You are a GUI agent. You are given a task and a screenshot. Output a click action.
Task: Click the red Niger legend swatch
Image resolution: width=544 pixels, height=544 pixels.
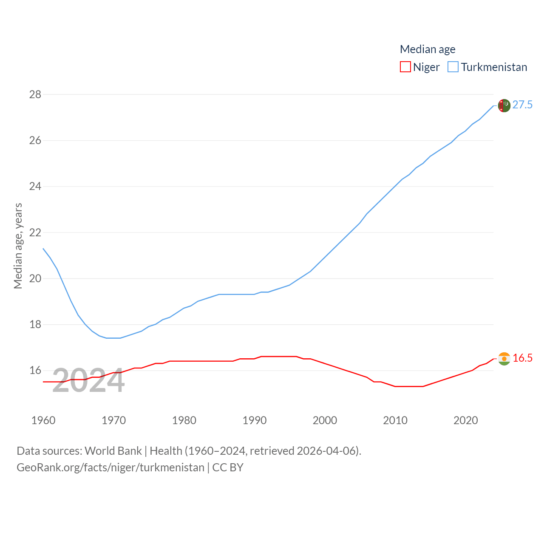pos(405,67)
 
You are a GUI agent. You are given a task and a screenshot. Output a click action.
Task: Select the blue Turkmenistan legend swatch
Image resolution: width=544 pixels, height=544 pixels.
pos(453,67)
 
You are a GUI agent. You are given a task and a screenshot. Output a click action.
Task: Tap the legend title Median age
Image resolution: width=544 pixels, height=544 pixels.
pos(428,49)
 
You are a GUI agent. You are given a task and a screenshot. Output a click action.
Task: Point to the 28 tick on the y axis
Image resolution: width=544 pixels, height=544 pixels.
pos(35,94)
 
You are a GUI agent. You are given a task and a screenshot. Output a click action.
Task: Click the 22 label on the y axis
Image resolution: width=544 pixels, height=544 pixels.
pos(35,232)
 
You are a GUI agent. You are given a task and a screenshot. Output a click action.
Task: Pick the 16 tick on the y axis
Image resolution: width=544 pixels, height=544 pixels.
pos(35,370)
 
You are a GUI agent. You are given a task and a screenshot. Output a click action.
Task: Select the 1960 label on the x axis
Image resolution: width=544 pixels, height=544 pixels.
pos(43,420)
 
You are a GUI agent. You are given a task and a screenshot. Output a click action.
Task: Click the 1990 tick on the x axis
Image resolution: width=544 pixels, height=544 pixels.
pos(255,420)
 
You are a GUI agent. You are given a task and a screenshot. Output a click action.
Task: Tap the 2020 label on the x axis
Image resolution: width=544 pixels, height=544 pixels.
pos(466,420)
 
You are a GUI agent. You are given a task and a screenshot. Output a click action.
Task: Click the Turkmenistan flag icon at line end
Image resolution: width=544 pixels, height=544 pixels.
pos(504,105)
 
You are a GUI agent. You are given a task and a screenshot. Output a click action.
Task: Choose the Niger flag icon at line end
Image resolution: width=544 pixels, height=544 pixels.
pos(504,359)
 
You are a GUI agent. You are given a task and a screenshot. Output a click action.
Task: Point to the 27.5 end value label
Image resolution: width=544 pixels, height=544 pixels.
pos(522,105)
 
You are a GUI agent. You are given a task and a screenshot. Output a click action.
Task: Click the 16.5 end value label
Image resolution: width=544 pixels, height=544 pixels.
pos(522,358)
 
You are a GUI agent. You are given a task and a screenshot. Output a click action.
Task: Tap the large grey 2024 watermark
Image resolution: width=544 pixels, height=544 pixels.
pos(88,381)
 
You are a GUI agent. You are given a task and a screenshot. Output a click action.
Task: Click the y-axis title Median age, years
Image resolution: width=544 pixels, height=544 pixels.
pos(18,246)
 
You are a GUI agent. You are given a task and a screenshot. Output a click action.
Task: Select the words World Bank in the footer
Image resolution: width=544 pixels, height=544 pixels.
pos(113,451)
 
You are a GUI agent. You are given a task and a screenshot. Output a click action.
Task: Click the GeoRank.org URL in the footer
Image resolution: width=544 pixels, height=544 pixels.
pos(110,467)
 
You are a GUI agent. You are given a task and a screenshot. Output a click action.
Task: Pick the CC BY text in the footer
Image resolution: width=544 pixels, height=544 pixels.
pos(228,467)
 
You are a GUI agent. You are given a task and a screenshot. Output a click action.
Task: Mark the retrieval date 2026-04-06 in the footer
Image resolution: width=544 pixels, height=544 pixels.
pos(327,451)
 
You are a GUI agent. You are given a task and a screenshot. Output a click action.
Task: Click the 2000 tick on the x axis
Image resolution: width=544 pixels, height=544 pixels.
pos(325,420)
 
